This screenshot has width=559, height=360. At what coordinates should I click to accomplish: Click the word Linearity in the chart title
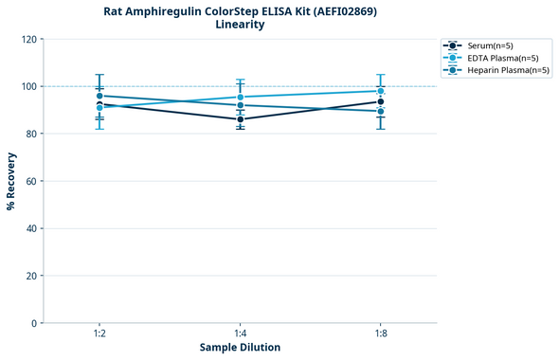pos(240,25)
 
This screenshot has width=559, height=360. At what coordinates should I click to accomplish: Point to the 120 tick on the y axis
pos(28,39)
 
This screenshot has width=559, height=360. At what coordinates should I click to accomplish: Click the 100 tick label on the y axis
pos(28,86)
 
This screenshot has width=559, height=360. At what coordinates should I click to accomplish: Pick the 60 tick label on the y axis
pos(31,181)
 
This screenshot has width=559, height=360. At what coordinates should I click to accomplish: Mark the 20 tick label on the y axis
pos(31,276)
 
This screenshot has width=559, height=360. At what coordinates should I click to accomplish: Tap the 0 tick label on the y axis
pos(34,323)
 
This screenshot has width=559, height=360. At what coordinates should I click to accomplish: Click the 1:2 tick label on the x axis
pos(99,333)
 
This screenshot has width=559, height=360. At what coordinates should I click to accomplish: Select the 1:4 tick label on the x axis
pos(241,333)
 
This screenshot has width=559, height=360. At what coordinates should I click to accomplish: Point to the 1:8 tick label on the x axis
pos(381,333)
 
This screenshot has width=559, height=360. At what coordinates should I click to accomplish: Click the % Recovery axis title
pos(11,181)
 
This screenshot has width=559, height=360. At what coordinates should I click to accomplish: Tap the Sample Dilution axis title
pos(240,348)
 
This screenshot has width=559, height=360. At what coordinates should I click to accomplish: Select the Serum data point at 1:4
pos(241,119)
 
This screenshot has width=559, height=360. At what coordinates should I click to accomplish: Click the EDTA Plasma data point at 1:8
pos(381,91)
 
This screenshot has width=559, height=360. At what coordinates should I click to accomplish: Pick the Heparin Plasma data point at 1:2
pos(99,96)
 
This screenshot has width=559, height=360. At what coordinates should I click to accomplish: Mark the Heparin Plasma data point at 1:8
pos(381,111)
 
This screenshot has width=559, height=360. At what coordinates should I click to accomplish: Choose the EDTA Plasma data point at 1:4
pos(241,98)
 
